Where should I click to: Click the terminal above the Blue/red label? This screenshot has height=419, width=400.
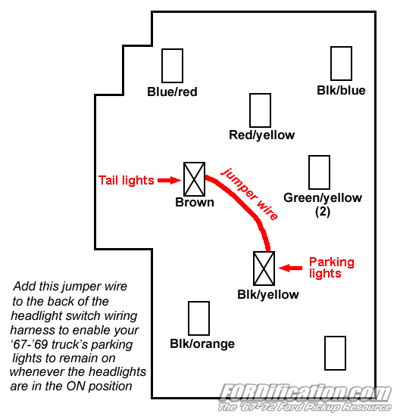point(173,66)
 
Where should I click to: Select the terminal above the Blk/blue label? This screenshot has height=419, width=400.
point(341,64)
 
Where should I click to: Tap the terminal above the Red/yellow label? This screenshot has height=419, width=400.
point(260,110)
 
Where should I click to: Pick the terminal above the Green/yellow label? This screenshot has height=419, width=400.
point(319,172)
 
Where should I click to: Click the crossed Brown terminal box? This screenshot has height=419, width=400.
point(194,179)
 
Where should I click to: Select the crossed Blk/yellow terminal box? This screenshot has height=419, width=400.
point(263,268)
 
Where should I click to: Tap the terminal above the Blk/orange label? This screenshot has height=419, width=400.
point(198,318)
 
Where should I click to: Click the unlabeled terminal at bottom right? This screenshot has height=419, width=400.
point(335,352)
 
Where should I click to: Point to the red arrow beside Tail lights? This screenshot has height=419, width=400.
point(169,180)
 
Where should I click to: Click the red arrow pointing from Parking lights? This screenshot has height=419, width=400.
point(289,267)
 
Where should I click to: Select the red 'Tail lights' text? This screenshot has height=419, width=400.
point(126,180)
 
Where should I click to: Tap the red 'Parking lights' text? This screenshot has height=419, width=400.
point(331,268)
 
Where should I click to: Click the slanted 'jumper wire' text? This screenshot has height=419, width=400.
point(249,194)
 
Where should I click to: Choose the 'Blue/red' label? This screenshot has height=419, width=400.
point(172,92)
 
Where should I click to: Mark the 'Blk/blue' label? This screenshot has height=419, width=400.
point(341,91)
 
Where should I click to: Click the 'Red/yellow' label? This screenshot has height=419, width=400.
point(261,135)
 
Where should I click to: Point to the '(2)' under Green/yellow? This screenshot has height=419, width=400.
point(323,212)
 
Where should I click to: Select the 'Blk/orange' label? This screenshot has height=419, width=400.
point(202,344)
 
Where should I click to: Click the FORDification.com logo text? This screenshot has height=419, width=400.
point(305,393)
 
